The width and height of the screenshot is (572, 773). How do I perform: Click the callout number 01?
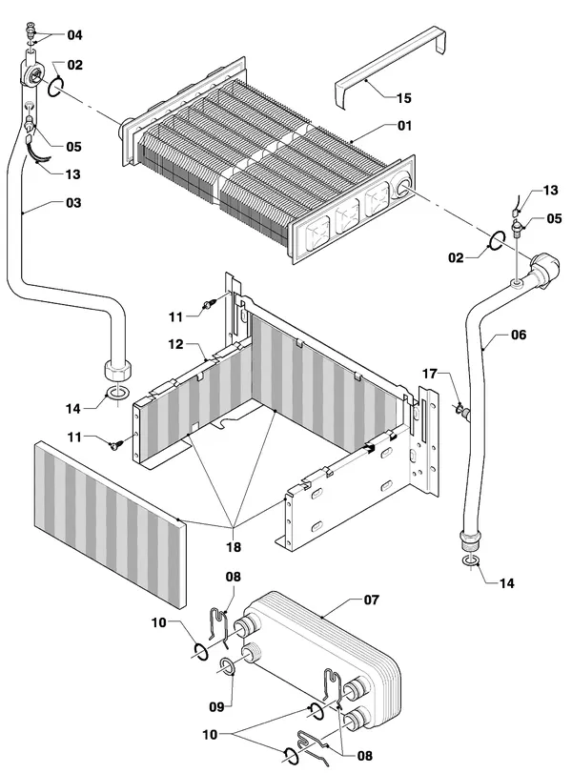[x=404, y=126]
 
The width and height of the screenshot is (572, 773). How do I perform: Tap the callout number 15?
[x=403, y=98]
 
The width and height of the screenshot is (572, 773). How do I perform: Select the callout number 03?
[x=73, y=203]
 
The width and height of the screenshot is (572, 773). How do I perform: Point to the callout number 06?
[x=519, y=335]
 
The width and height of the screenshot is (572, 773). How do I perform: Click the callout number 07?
[x=371, y=600]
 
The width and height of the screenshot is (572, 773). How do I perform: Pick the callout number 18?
[x=234, y=547]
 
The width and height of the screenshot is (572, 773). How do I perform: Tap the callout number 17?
[x=430, y=375]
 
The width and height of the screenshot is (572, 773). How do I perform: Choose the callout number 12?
[x=175, y=344]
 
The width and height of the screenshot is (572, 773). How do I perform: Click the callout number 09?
[x=217, y=707]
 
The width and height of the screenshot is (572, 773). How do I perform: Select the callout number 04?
[x=75, y=35]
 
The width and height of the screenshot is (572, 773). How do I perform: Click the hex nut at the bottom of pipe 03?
[x=118, y=370]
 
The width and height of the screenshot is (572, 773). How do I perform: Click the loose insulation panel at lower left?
[x=111, y=525]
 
